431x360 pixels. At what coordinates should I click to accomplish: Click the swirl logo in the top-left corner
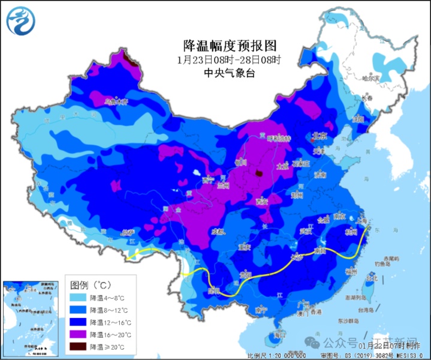pos(21,21)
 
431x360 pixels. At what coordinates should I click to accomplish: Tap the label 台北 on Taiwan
pos(372,278)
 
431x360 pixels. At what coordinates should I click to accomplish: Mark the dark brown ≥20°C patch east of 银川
pos(259,173)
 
